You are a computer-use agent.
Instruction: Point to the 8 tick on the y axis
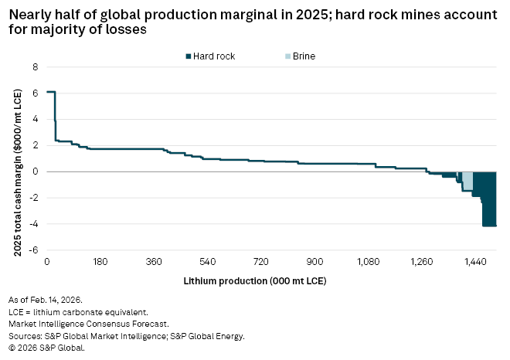35,67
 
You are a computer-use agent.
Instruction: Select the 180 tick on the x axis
100,263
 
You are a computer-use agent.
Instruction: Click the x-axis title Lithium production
255,280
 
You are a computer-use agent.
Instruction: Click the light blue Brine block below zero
467,181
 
